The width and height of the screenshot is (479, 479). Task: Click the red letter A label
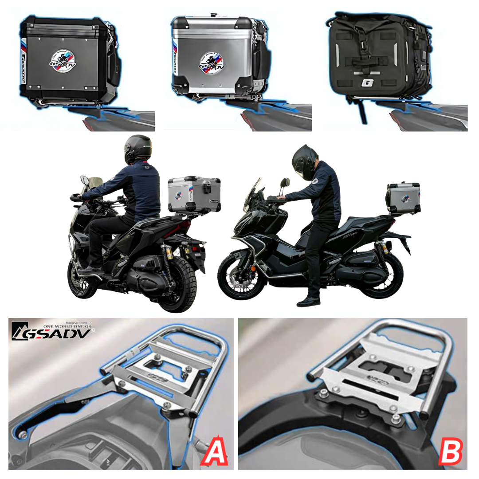point(215,451)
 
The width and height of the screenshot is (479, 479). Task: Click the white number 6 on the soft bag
point(366,83)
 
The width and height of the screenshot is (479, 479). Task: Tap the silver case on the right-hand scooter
point(404,198)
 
